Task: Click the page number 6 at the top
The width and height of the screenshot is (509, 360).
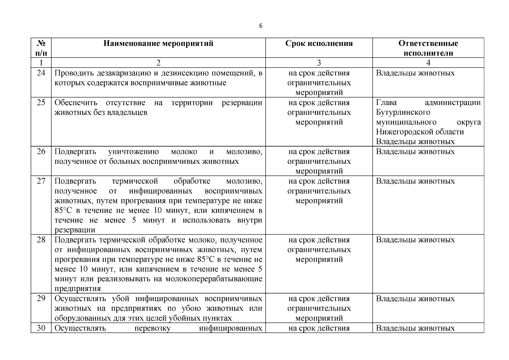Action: point(260,26)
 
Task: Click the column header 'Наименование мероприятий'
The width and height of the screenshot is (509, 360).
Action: point(158,43)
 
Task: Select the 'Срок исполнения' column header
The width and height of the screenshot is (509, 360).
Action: point(319,43)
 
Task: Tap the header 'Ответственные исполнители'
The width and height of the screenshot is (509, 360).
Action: point(428,48)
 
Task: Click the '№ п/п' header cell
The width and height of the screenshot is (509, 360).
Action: point(41,48)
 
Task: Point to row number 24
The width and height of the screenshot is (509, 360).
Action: point(41,73)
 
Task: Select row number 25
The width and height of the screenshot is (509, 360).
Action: point(41,103)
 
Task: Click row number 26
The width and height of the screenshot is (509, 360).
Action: point(41,151)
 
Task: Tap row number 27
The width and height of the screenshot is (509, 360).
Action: point(41,181)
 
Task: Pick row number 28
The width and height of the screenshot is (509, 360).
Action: point(41,240)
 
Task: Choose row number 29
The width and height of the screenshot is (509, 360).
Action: point(41,298)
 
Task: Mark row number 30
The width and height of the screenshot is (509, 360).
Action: point(41,328)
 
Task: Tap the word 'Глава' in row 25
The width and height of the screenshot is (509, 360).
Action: point(386,103)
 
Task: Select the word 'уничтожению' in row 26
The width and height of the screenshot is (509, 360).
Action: point(133,152)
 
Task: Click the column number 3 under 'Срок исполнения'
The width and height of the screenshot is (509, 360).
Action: point(319,63)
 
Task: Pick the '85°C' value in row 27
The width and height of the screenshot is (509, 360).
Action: point(62,211)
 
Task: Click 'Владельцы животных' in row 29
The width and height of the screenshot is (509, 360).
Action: point(415,299)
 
